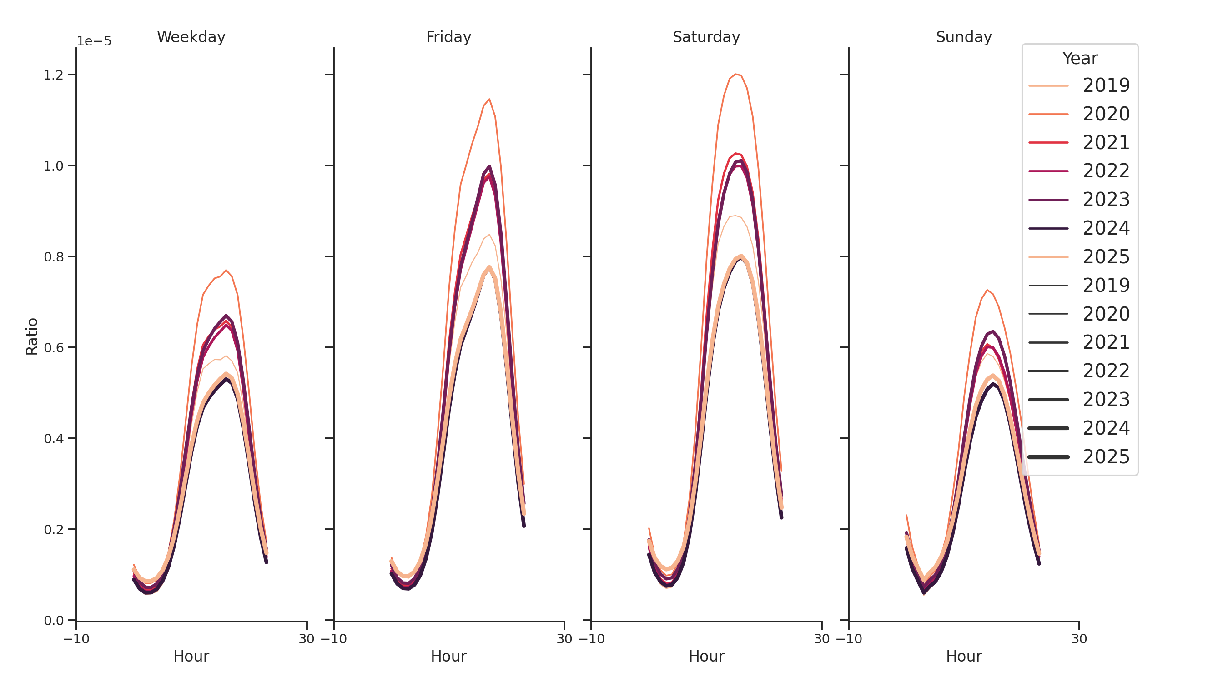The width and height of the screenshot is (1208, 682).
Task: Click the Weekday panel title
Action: [191, 37]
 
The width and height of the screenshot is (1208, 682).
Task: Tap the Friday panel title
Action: [448, 37]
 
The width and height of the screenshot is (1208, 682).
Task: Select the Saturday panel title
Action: [706, 37]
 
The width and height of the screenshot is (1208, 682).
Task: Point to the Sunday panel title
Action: [963, 37]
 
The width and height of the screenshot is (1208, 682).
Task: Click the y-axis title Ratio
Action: [32, 336]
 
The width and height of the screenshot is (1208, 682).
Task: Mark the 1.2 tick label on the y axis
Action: [54, 75]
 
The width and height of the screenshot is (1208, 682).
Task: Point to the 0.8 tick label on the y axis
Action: [54, 257]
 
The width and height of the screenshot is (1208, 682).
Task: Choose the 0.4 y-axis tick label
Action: [54, 439]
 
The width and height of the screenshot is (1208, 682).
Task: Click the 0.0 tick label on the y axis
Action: [54, 621]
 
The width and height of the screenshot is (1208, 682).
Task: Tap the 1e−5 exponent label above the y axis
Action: [94, 41]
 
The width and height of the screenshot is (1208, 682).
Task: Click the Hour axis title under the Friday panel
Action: [448, 656]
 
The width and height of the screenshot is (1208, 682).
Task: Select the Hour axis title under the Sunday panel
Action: [963, 656]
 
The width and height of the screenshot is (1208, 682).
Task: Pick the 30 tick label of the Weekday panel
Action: [307, 639]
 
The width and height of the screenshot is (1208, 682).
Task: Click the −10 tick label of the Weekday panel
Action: [76, 639]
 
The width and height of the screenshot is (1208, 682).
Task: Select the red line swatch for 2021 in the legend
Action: [1048, 142]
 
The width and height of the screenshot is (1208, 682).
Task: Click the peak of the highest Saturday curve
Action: [735, 74]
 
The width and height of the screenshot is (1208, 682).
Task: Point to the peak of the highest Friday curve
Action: [489, 100]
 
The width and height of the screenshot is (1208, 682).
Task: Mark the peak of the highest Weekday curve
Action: [226, 270]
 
